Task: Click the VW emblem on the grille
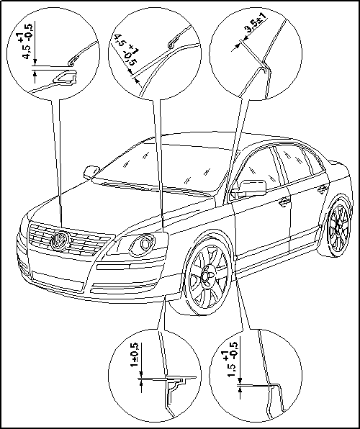pyautogui.click(x=59, y=240)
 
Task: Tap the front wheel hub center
pyautogui.click(x=206, y=276)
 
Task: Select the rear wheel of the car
pyautogui.click(x=338, y=226)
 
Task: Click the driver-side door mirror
pyautogui.click(x=252, y=188)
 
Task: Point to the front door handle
pyautogui.click(x=284, y=202)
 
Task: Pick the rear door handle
pyautogui.click(x=323, y=189)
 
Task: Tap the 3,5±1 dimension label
pyautogui.click(x=256, y=25)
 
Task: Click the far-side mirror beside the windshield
pyautogui.click(x=91, y=172)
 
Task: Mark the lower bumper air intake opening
pyautogui.click(x=58, y=281)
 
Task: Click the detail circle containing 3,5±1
pyautogui.click(x=256, y=53)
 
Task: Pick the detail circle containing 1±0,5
pyautogui.click(x=155, y=376)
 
